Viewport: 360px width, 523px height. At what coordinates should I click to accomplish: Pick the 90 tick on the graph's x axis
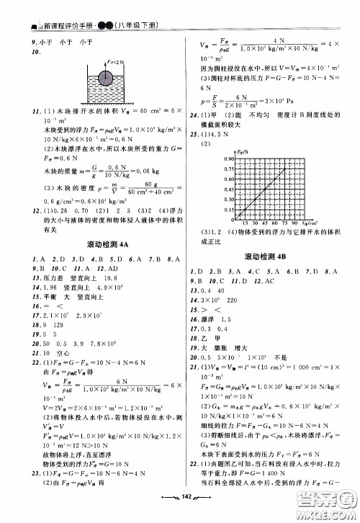(295, 223)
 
